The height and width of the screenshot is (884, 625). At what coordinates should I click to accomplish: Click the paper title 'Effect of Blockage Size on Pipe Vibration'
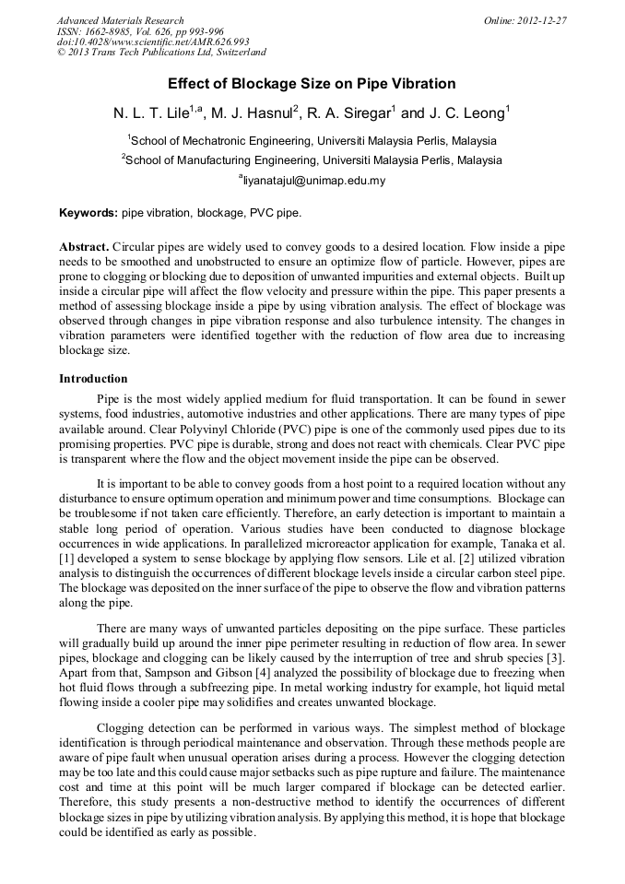click(x=312, y=84)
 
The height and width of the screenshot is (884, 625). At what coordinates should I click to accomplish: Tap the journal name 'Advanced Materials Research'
click(x=120, y=20)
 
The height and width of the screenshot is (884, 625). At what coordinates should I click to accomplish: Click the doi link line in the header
click(x=153, y=42)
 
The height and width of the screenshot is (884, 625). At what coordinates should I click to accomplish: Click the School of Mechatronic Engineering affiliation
click(x=313, y=141)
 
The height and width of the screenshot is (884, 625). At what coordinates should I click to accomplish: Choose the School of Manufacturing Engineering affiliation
click(x=313, y=159)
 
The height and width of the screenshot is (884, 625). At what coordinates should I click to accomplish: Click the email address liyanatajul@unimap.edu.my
click(x=313, y=181)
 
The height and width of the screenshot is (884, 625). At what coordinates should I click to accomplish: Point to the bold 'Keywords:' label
click(x=88, y=213)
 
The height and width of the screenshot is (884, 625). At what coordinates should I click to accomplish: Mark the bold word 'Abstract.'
click(x=84, y=248)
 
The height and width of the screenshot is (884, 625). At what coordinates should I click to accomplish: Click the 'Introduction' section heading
click(x=93, y=379)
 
